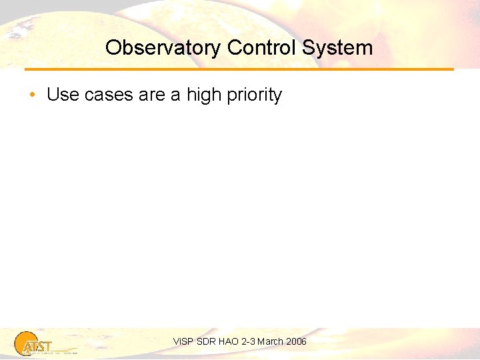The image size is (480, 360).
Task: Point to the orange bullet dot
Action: [x=33, y=95]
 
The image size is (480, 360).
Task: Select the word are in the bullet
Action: [x=152, y=95]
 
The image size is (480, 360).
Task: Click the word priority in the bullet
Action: [x=255, y=95]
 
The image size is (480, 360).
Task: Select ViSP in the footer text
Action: [x=182, y=341]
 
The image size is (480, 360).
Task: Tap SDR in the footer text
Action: [x=205, y=341]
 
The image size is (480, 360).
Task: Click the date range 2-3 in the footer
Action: [x=249, y=341]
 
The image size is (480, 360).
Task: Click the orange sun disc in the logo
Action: [x=27, y=342]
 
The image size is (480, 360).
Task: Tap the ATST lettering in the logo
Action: [x=37, y=346]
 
